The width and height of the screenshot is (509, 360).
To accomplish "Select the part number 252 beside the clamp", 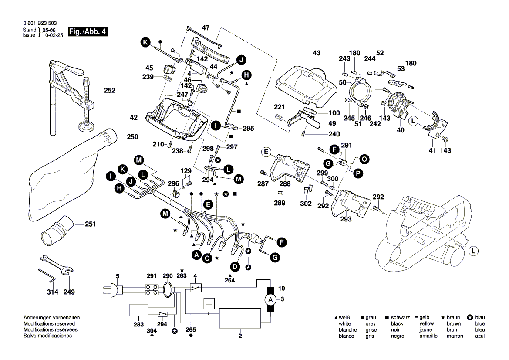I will (109, 91).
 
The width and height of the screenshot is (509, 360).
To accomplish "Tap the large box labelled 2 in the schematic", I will (239, 318).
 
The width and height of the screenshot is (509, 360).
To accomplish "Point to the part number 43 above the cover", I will (317, 53).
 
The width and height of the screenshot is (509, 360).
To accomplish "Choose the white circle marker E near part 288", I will (265, 152).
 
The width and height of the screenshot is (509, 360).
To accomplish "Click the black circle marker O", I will (364, 160).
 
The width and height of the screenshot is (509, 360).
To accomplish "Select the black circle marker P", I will (358, 173).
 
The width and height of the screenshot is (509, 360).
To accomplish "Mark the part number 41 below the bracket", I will (432, 150).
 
